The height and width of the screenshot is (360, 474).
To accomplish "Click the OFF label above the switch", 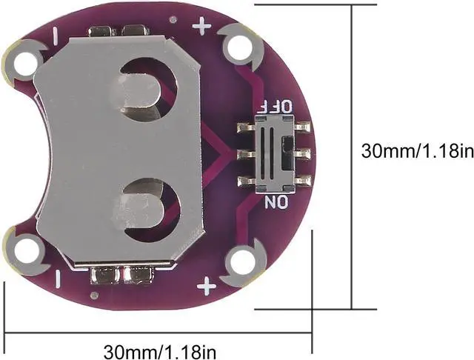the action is tap(277, 107).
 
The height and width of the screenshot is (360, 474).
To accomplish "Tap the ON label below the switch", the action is tap(276, 202).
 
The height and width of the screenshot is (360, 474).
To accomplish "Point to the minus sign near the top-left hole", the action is tap(56, 36).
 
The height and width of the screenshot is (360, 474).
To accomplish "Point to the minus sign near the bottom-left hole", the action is tap(58, 279).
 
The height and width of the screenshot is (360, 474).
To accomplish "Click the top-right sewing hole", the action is tap(239, 47).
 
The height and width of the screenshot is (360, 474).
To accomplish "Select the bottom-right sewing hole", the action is tap(243, 261).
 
